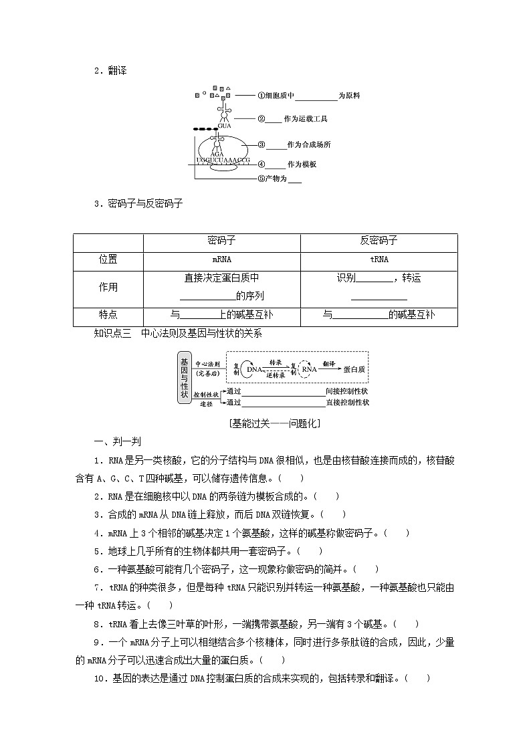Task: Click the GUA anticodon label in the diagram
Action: (224, 125)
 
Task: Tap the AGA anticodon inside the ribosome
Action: (217, 154)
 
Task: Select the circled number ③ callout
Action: (261, 144)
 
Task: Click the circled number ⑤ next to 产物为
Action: (261, 179)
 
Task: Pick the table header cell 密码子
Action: (222, 241)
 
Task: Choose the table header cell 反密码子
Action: (379, 241)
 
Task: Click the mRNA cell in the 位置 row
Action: (222, 260)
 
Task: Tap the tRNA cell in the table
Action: (379, 260)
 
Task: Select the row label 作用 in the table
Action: (108, 288)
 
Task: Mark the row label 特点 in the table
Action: (108, 314)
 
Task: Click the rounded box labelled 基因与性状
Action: (184, 378)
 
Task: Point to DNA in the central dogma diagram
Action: (254, 368)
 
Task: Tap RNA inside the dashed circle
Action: (308, 368)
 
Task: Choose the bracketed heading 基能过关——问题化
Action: (265, 423)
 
